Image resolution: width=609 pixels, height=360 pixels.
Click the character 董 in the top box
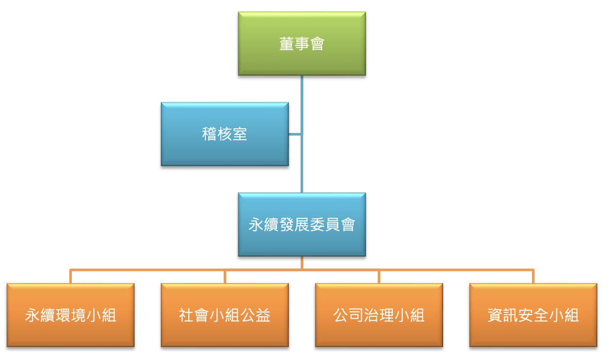point(287,44)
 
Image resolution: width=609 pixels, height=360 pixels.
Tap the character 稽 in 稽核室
point(209,134)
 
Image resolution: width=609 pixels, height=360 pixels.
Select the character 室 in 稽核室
point(240,134)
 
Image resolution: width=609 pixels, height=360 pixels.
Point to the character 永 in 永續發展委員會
point(256,225)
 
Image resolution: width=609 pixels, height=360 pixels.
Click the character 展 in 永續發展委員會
point(302,225)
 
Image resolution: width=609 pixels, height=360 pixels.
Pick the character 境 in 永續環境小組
point(78,316)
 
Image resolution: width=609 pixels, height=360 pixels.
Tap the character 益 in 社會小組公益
point(263,316)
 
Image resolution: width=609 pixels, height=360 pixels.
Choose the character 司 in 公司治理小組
point(355,316)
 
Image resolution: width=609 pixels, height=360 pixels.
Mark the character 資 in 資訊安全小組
point(494,316)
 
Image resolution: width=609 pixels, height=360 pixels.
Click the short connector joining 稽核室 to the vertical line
point(295,134)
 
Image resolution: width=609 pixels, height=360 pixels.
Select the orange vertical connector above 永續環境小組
point(71,277)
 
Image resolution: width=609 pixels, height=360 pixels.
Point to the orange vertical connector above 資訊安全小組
point(533,277)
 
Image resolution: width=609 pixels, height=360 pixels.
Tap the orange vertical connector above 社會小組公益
point(225,277)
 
